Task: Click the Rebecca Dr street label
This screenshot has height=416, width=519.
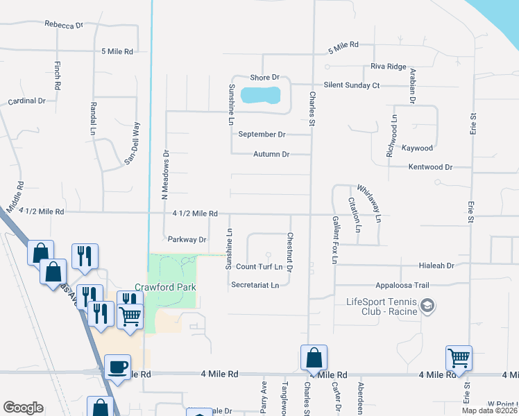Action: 64,25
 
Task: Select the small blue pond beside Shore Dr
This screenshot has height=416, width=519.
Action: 260,94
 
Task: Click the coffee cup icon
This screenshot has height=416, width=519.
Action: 117,366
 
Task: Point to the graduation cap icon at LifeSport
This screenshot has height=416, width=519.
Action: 429,305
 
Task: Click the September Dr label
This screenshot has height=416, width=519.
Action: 262,135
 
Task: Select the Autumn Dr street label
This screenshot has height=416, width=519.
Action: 271,155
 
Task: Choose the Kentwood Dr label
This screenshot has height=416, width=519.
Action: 430,167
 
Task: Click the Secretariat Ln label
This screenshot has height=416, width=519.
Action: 255,285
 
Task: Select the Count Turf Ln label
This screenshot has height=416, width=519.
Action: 259,267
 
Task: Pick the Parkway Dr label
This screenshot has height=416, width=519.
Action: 187,240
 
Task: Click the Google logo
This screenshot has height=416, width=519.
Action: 23,408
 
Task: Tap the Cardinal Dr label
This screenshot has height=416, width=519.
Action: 26,101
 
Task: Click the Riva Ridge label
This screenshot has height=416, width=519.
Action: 389,67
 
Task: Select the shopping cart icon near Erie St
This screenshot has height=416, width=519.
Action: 459,358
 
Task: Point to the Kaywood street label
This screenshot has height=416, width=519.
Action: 417,148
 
